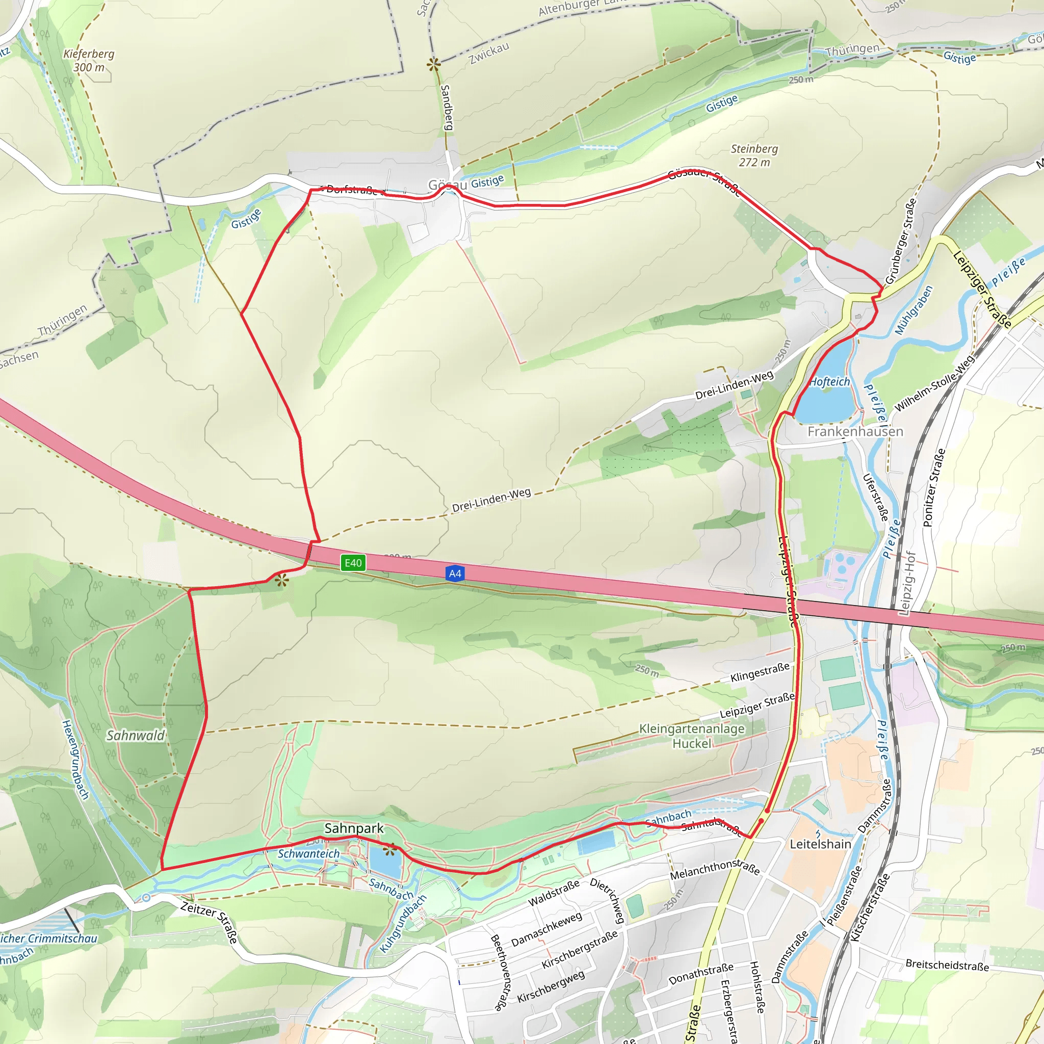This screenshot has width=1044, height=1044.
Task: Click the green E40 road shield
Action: pyautogui.click(x=353, y=563)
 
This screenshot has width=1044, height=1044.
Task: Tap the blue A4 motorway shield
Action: pyautogui.click(x=455, y=573)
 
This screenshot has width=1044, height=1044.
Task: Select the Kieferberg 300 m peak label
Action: pyautogui.click(x=89, y=61)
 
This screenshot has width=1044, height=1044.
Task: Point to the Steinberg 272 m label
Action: pyautogui.click(x=754, y=155)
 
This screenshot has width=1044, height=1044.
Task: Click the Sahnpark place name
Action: pyautogui.click(x=354, y=828)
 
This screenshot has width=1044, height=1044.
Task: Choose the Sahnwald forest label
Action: pyautogui.click(x=136, y=736)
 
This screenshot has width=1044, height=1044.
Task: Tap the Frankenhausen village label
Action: pyautogui.click(x=855, y=431)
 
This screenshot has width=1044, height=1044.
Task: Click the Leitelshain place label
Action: pyautogui.click(x=820, y=844)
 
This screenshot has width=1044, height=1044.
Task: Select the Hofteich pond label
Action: pyautogui.click(x=830, y=382)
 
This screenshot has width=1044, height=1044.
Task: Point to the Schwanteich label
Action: pyautogui.click(x=308, y=854)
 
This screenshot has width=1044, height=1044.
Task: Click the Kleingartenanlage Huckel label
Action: pyautogui.click(x=692, y=736)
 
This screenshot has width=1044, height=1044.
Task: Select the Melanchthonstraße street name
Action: pyautogui.click(x=714, y=870)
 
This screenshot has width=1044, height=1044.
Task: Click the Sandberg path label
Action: pyautogui.click(x=447, y=107)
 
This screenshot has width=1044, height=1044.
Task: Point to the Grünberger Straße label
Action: pyautogui.click(x=901, y=241)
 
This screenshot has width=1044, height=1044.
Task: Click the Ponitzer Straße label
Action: pyautogui.click(x=935, y=487)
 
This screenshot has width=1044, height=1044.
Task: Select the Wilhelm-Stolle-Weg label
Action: pyautogui.click(x=934, y=383)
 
